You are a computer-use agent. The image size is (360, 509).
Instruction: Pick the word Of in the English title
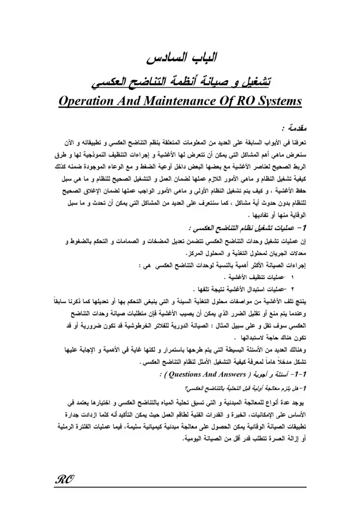(x=220, y=101)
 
